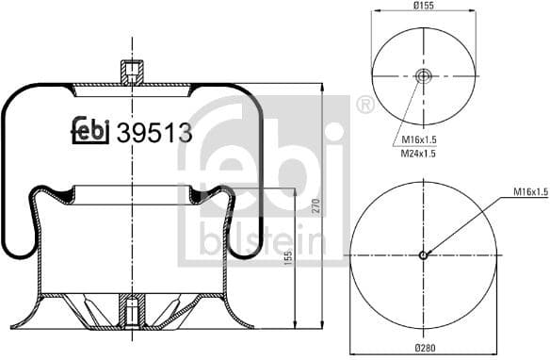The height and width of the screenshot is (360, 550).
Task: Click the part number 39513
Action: coord(154,133)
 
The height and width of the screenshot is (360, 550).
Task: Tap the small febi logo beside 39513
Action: coord(91,133)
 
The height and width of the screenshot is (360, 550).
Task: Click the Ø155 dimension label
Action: coord(422,5)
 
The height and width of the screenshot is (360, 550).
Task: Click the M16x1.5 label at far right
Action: coord(530,192)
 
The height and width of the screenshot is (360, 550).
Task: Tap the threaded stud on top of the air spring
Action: coord(132,72)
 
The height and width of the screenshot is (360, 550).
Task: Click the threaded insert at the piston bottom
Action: coord(132,310)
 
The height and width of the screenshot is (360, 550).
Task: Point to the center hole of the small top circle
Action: coord(423,76)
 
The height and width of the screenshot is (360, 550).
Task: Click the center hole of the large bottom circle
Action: coord(423,254)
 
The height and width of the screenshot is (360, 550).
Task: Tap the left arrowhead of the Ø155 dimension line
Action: coord(375,12)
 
